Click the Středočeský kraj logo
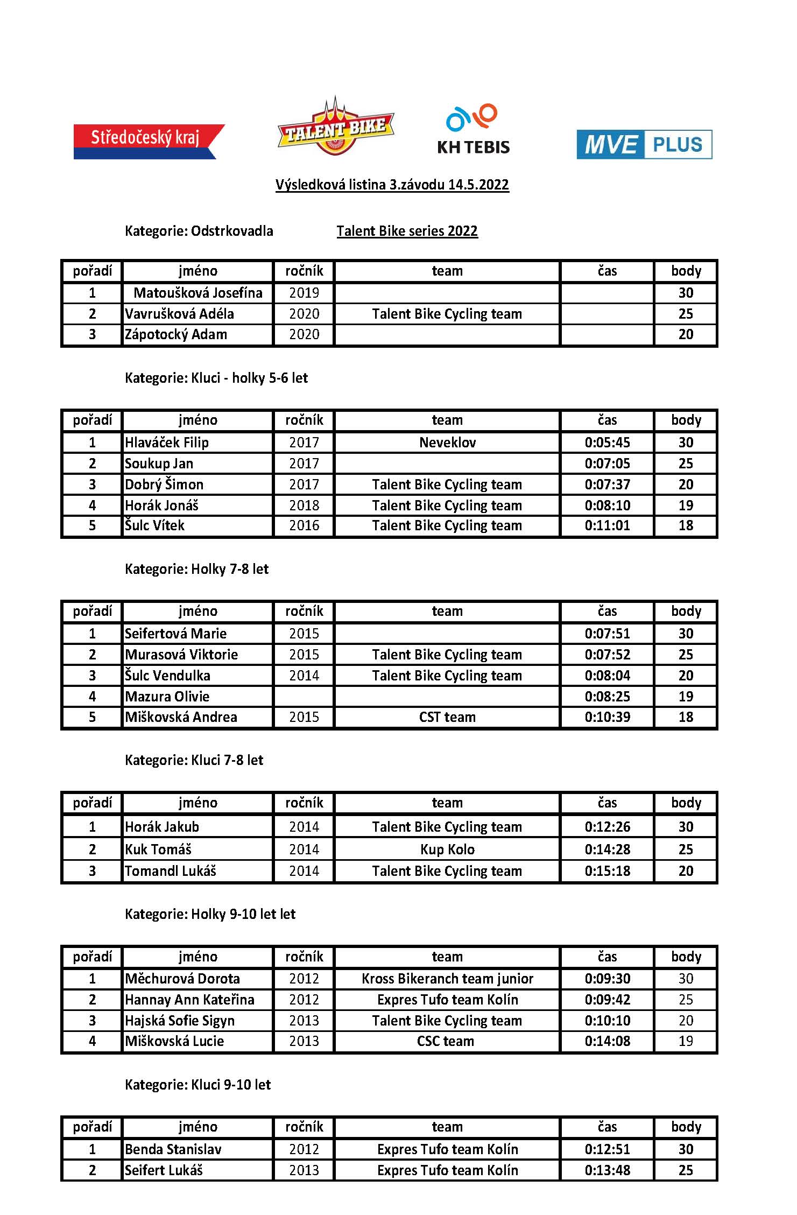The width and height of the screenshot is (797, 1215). [x=148, y=141]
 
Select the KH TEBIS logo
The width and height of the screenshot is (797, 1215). [x=473, y=130]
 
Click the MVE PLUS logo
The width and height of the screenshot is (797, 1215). [x=644, y=144]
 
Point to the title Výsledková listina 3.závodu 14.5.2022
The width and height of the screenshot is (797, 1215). [x=392, y=185]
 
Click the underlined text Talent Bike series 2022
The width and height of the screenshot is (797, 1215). [x=407, y=231]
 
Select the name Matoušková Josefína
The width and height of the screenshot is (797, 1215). [x=198, y=293]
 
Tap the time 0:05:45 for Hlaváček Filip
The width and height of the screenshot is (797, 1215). [x=607, y=443]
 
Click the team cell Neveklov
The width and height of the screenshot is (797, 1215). [x=447, y=443]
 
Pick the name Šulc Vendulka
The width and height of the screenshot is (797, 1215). [x=167, y=675]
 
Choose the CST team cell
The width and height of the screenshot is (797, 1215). [x=447, y=717]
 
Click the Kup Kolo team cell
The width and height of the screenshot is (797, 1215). [x=447, y=849]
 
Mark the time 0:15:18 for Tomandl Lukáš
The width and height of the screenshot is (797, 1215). [x=607, y=870]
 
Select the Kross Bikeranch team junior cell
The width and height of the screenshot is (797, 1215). [x=447, y=978]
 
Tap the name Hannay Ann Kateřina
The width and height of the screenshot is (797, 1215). [x=189, y=999]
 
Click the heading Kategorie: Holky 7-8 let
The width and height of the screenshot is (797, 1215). [x=196, y=569]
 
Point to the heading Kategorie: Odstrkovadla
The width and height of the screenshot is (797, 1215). [x=199, y=231]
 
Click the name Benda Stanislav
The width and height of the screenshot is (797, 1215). [x=173, y=1149]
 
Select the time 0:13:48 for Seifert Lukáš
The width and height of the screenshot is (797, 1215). [x=607, y=1170]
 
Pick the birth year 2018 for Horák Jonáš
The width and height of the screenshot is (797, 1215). [x=304, y=505]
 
